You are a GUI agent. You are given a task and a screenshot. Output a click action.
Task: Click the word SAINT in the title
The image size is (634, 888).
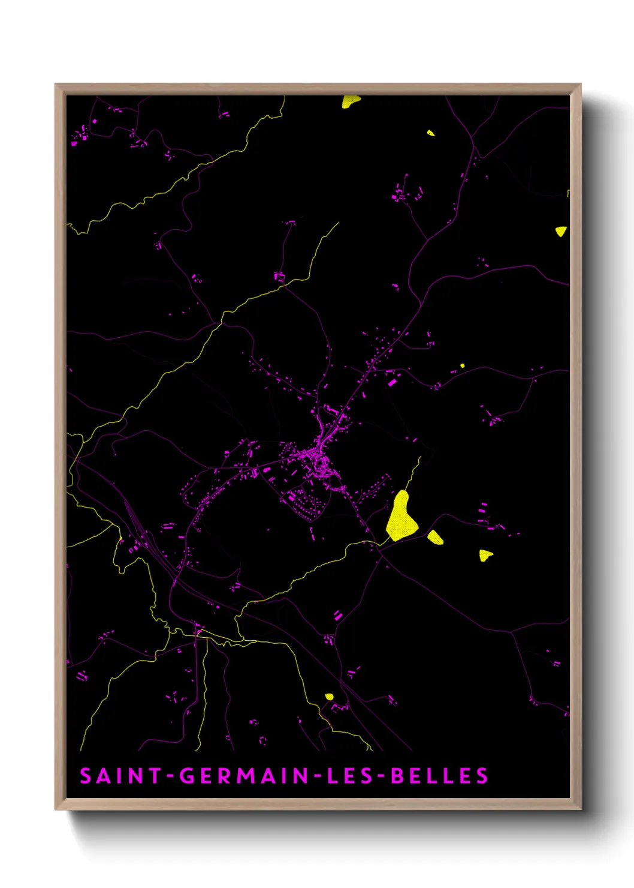tap(120, 776)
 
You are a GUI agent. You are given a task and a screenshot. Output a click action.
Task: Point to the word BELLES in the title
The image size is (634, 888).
tap(439, 776)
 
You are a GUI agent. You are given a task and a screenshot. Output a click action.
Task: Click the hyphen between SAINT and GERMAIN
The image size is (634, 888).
tap(171, 776)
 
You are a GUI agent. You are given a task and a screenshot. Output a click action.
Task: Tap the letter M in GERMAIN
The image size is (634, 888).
tap(246, 776)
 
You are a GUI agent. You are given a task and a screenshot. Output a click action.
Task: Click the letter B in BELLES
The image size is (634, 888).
tap(397, 776)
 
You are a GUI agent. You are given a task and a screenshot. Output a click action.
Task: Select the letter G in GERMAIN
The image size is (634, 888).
tap(187, 776)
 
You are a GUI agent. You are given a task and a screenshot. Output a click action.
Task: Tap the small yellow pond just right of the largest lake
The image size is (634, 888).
tap(435, 537)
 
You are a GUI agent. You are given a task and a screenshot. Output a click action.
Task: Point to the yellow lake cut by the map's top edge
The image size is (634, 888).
tap(351, 101)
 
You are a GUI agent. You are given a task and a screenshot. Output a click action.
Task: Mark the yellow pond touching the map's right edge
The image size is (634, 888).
tap(561, 231)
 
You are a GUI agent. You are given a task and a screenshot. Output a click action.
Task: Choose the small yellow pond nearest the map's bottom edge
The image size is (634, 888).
tap(329, 697)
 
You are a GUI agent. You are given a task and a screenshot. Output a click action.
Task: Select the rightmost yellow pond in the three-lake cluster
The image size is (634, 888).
tap(485, 555)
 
